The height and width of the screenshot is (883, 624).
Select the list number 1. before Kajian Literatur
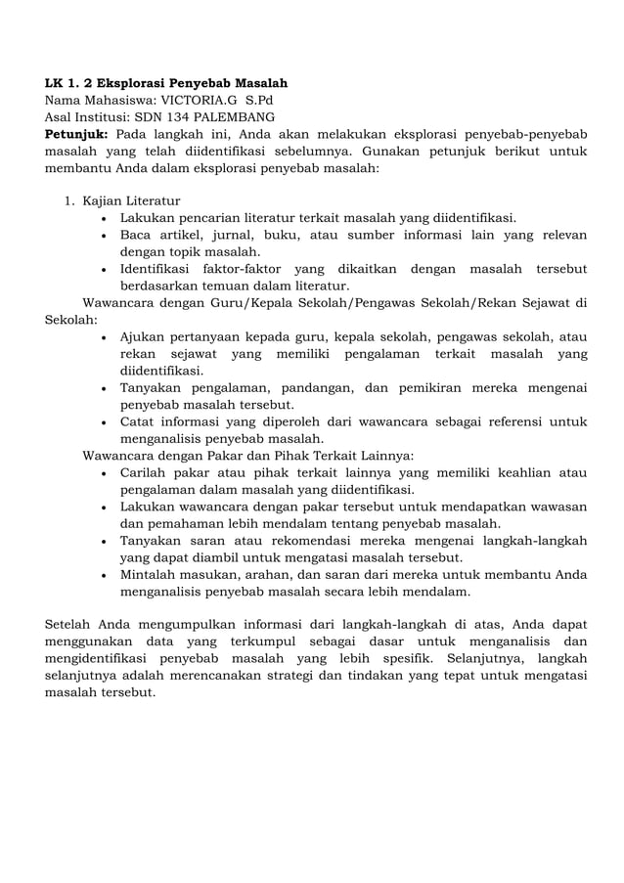[x=69, y=201]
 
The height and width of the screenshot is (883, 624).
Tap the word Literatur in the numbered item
[x=150, y=201]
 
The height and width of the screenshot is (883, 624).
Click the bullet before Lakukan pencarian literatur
[x=105, y=218]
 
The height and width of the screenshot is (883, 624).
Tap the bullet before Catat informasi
[x=105, y=421]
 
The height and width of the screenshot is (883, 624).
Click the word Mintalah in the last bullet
[x=149, y=574]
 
